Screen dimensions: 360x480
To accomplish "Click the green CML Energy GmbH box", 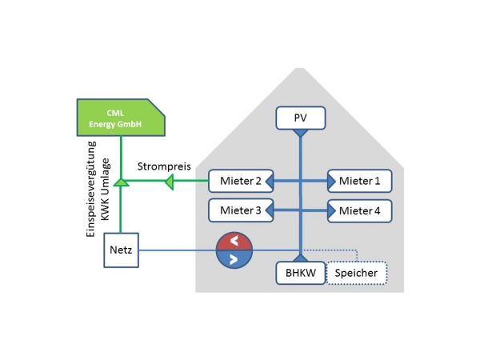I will tap(119, 117).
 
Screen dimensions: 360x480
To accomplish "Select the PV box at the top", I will tap(299, 119).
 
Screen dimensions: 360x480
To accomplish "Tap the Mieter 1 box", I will tap(359, 182).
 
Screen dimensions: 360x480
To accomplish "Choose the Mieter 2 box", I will tap(236, 182).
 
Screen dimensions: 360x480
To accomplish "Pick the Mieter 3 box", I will tap(236, 211).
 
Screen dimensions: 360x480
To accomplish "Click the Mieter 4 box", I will tap(359, 211).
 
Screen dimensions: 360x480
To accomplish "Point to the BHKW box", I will tap(298, 273).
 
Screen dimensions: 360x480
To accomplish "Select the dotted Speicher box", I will tap(357, 273).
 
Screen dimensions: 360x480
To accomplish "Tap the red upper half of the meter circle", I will tap(234, 241).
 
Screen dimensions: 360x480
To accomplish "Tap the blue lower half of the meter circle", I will tap(234, 259).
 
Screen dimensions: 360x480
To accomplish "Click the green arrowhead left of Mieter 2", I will tap(169, 184).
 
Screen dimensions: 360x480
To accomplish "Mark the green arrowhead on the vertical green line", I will tap(120, 184).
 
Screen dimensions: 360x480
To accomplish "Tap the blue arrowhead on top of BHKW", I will tap(299, 258).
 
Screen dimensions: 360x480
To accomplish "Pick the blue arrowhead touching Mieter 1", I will tap(330, 182).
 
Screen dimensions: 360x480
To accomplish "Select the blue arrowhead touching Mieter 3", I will tap(268, 211).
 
